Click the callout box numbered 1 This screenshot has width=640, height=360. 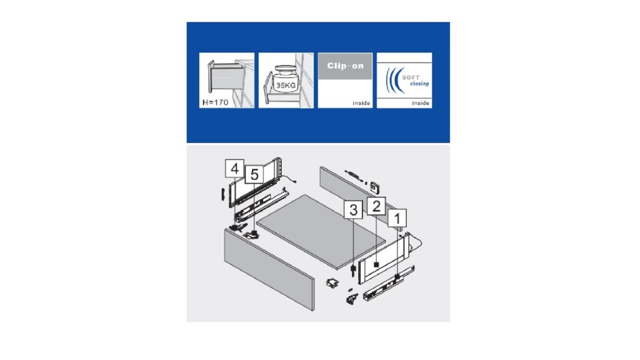[x=397, y=218]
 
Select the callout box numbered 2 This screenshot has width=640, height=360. [x=376, y=206]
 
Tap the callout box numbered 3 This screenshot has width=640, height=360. [x=354, y=210]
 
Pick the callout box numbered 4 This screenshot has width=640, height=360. [x=234, y=168]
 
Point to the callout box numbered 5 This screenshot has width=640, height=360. [x=254, y=174]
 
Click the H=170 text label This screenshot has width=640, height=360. [x=216, y=102]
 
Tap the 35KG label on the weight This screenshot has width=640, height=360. [x=286, y=85]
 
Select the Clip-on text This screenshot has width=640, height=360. [x=345, y=66]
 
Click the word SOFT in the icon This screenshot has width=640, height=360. [x=411, y=77]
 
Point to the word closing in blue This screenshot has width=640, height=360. [x=419, y=83]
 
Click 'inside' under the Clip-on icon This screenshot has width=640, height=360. [x=362, y=103]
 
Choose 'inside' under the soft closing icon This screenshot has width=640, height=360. [x=421, y=103]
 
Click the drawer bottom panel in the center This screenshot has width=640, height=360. [x=321, y=231]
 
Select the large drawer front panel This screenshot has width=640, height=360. [x=269, y=270]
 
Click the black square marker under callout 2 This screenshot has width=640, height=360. [x=376, y=264]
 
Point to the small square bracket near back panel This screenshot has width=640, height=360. [x=375, y=188]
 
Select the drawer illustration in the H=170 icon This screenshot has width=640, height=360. [x=225, y=77]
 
